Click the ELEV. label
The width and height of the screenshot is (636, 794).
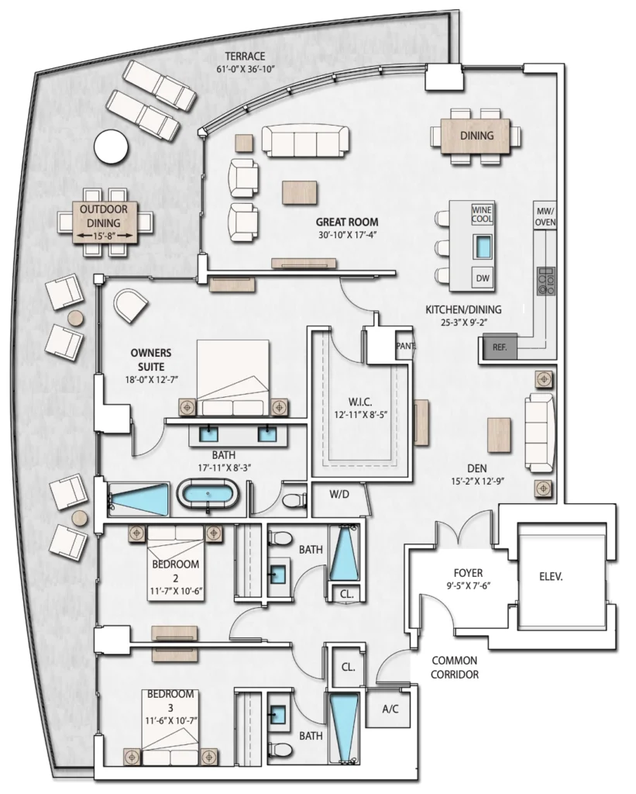tap(551, 576)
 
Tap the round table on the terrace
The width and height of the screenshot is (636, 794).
tap(112, 147)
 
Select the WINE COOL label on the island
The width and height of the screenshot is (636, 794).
tap(482, 214)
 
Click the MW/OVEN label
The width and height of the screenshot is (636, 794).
tap(545, 216)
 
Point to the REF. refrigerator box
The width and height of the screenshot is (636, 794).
tap(500, 347)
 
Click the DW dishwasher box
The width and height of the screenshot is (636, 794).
tap(483, 278)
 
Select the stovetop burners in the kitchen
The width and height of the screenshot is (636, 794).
tap(546, 281)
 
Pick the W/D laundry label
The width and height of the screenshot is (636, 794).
tap(339, 494)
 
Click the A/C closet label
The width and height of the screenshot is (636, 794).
tap(390, 709)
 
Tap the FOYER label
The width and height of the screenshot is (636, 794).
tap(468, 573)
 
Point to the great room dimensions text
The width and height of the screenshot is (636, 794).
tap(348, 234)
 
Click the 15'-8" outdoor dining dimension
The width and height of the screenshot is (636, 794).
tap(105, 236)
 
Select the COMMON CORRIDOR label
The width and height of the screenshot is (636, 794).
tap(455, 668)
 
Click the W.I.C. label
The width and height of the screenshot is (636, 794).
tap(360, 402)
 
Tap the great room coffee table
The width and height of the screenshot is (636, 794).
tap(300, 192)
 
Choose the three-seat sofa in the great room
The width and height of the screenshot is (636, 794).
tap(305, 141)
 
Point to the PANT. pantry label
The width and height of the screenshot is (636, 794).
tap(406, 347)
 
